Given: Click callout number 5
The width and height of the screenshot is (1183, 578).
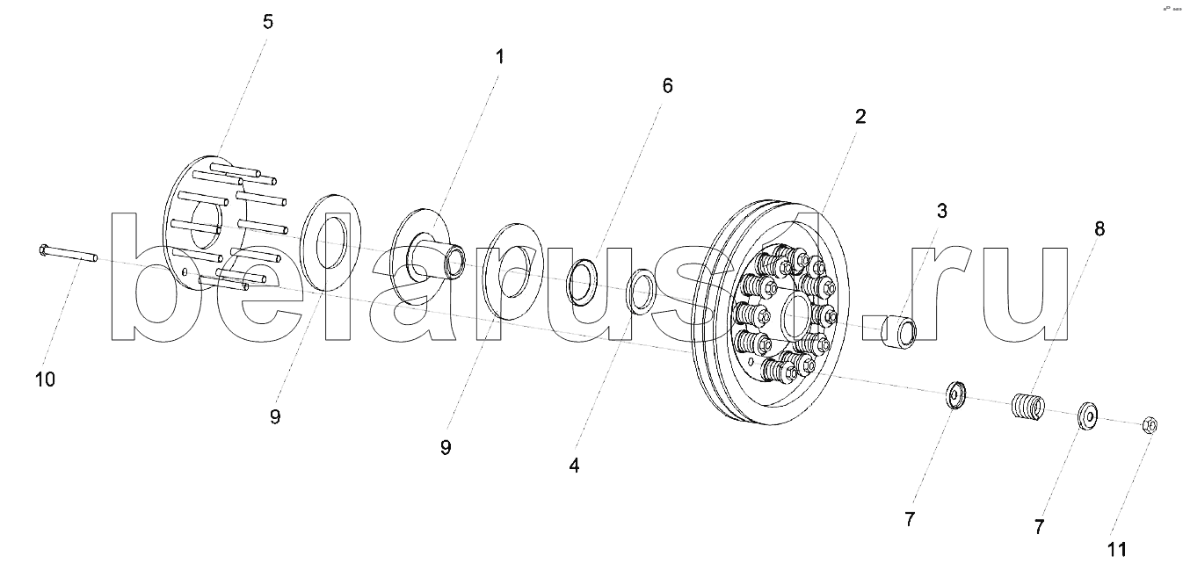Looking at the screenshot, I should coord(268,22).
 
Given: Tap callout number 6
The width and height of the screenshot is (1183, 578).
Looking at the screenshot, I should coord(667,86).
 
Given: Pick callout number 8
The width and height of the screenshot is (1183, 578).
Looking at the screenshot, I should coord(1100,228).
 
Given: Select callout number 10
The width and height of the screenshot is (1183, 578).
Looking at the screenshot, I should coord(45,379).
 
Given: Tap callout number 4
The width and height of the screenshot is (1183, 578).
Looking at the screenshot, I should coord(574,466).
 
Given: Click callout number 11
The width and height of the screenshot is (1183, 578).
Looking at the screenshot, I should coord(1116,550).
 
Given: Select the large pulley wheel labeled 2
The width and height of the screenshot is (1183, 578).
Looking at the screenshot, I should coord(773,316).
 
